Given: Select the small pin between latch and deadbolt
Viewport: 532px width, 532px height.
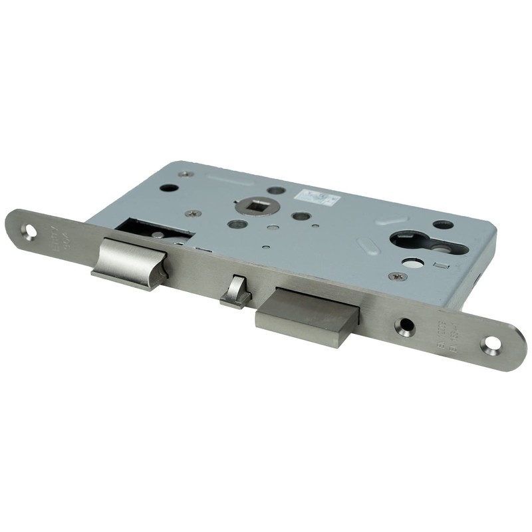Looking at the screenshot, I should (234, 293).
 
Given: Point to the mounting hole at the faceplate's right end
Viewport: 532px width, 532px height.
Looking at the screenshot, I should (491, 344).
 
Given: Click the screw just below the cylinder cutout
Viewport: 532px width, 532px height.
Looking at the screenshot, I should (398, 275).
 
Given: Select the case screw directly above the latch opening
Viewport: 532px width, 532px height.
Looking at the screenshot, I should (194, 214).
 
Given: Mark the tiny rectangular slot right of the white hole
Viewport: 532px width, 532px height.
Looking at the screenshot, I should (437, 266).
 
